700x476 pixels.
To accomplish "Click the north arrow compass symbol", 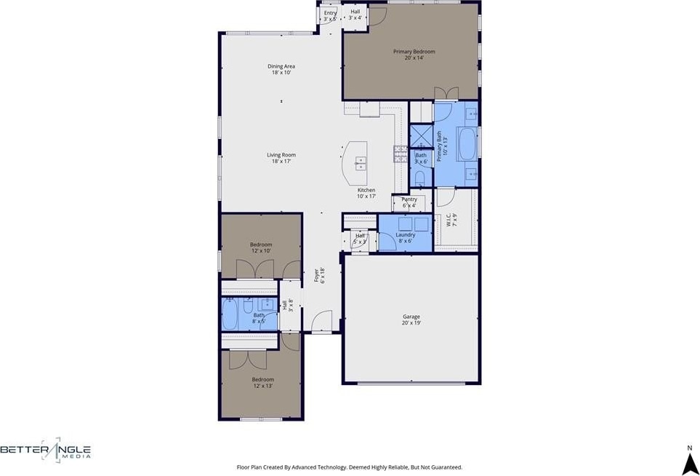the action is pos(690,464).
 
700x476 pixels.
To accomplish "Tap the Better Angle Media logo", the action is pos(46,450).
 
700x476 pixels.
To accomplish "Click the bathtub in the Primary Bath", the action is pos(467,144).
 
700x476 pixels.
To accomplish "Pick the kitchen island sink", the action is pos(361,164).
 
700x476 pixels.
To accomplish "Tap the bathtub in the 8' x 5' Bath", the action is pos(230,314).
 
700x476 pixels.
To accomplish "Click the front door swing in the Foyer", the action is pos(321,321).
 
